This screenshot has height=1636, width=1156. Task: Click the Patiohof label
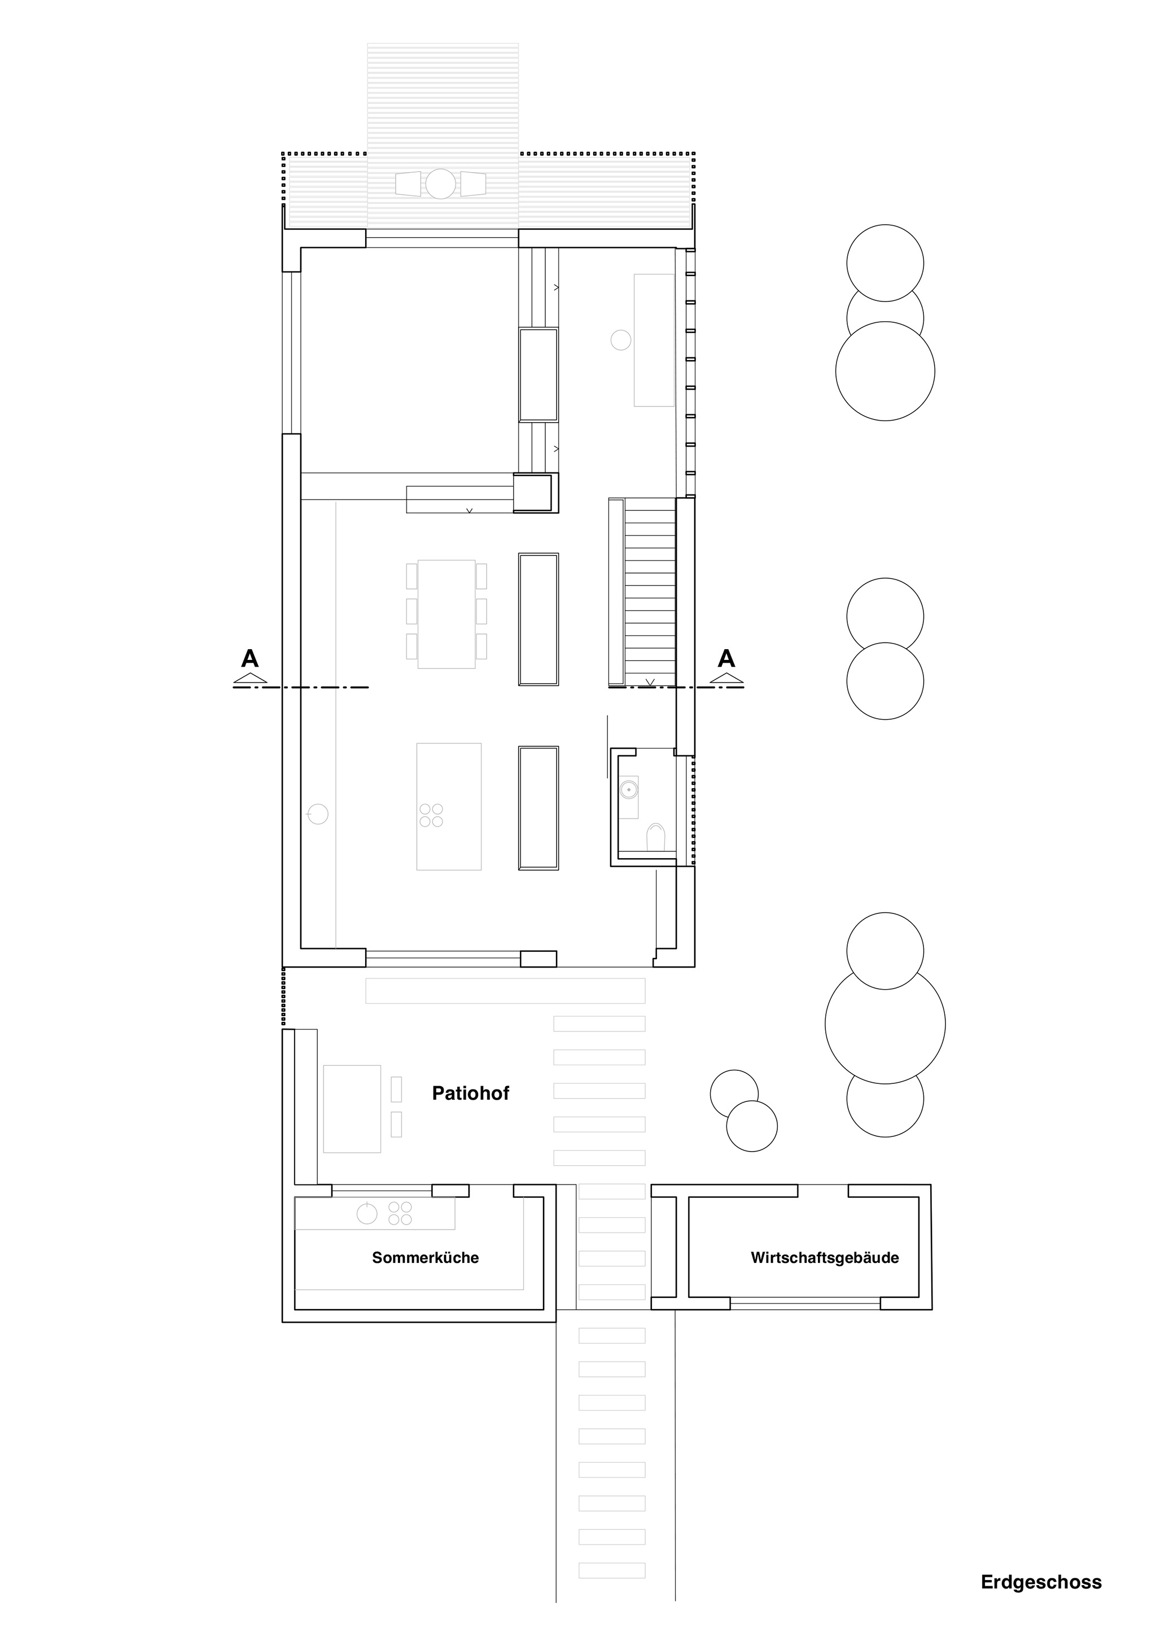[470, 1093]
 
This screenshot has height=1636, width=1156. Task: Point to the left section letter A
[250, 658]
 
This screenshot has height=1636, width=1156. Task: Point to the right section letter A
[726, 658]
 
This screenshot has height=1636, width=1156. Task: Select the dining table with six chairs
[446, 614]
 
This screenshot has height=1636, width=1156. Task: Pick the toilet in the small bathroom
[655, 837]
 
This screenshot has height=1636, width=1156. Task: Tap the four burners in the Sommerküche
[400, 1214]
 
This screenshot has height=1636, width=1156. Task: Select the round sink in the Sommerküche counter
[367, 1214]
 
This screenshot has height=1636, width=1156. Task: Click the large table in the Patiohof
[352, 1109]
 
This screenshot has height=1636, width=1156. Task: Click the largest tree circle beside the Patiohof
[885, 1024]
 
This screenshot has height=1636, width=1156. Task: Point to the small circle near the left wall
[318, 813]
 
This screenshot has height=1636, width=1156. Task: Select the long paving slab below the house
[505, 991]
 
